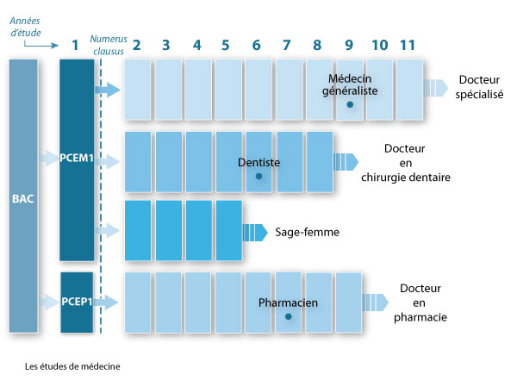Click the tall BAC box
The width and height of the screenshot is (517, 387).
click(x=24, y=196)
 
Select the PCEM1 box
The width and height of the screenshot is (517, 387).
click(x=77, y=159)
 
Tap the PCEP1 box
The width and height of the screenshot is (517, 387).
click(x=77, y=302)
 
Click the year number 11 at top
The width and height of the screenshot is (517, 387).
click(x=409, y=44)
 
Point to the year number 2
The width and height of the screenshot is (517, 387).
click(x=136, y=44)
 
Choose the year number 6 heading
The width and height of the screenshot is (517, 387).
click(x=257, y=44)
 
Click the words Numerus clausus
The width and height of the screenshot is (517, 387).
click(x=107, y=45)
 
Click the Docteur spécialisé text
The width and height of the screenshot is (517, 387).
click(x=480, y=88)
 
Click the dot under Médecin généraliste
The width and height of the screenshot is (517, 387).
click(x=350, y=104)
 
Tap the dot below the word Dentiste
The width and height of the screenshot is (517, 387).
click(x=258, y=176)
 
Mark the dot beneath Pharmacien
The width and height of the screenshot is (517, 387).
click(x=289, y=316)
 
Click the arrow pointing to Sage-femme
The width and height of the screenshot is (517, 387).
click(x=256, y=232)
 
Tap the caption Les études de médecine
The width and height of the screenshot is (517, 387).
click(x=73, y=365)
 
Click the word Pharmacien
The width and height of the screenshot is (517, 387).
click(x=289, y=303)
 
